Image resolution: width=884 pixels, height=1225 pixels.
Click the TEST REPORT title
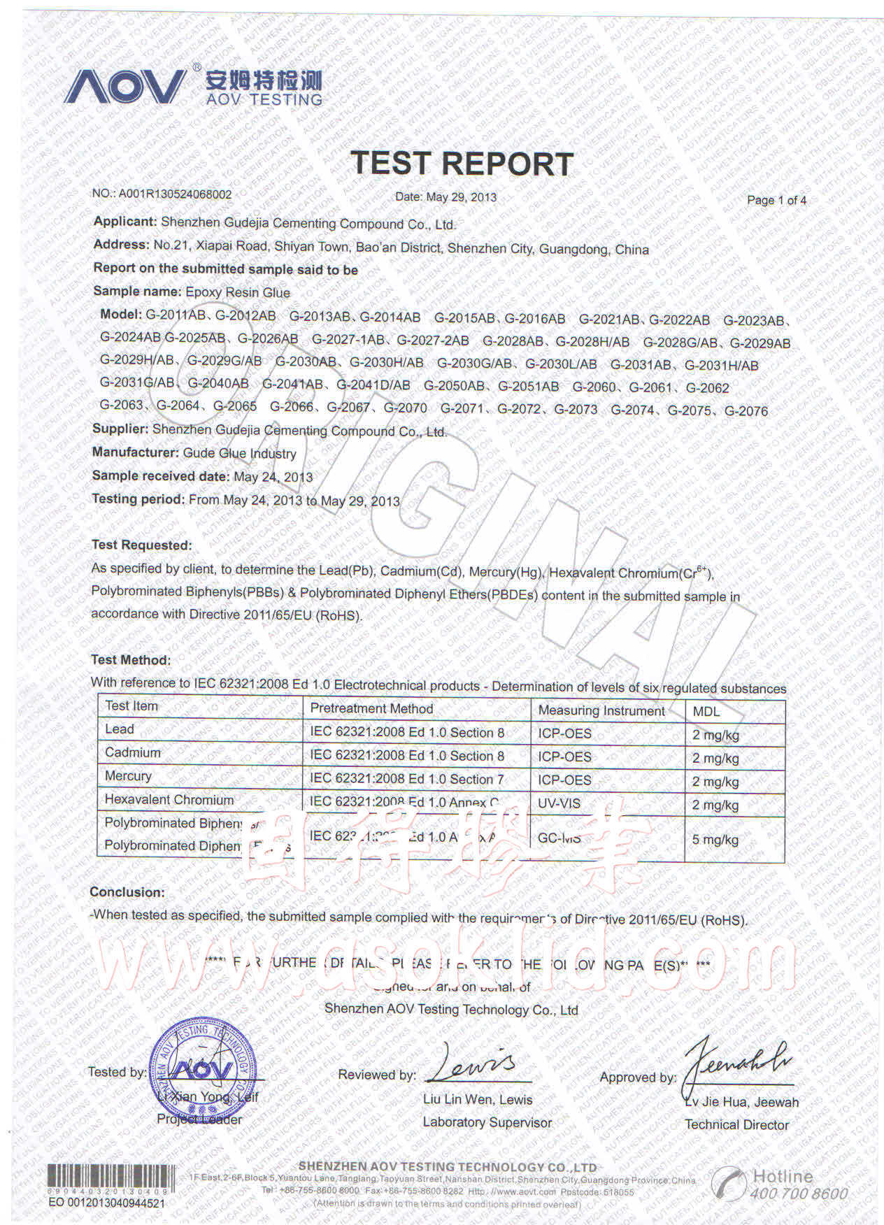462,163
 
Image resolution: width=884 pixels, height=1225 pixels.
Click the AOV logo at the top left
126,87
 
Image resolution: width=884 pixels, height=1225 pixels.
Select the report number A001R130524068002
175,194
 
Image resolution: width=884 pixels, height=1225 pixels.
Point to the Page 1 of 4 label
776,201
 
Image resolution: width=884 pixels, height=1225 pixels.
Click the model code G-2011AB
176,315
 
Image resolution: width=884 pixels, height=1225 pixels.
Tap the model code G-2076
746,411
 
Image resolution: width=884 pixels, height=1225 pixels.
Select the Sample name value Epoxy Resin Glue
238,292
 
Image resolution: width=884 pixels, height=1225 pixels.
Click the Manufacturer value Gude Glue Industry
240,453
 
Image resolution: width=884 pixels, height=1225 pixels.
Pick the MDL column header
706,712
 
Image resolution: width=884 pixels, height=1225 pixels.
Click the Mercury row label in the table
128,776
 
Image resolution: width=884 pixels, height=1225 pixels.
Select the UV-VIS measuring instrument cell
559,803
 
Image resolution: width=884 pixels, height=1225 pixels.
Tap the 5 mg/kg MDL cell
715,839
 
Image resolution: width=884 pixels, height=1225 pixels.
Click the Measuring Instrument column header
601,711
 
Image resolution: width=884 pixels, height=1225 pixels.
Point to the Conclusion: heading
127,892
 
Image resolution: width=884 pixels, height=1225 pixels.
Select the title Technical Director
736,1125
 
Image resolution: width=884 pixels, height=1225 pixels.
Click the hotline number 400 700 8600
799,1194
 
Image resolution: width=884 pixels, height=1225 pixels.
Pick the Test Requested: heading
142,545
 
